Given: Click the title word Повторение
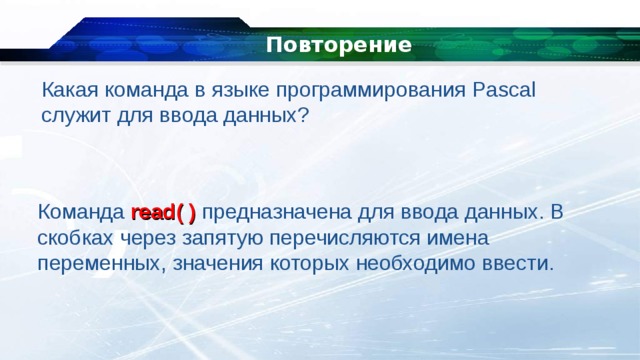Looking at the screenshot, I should pos(339,45).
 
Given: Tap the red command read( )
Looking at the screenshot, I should pos(163,214).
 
